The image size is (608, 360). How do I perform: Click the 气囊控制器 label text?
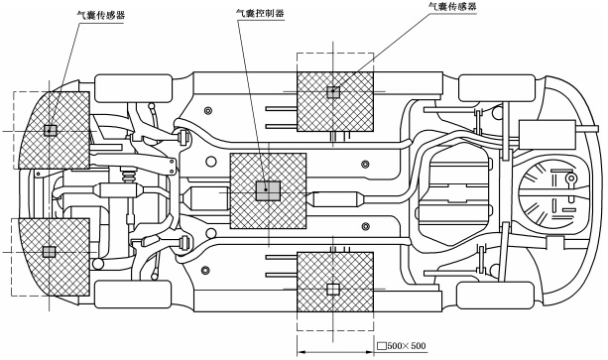coord(260,13)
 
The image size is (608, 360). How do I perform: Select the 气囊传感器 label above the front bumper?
coord(101,15)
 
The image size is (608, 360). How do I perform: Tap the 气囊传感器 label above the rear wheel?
coord(452,6)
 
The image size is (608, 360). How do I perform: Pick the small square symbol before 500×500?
coord(382,346)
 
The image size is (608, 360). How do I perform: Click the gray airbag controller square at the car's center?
coord(268,190)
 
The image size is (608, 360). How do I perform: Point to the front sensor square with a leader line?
coord(50,130)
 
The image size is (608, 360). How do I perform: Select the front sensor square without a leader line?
coord(50,252)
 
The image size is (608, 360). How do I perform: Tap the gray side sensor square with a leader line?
coord(333,92)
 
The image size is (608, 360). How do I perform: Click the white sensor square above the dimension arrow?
coord(333,289)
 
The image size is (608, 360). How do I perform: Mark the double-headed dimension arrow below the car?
coord(335,352)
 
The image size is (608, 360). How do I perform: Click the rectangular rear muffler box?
coord(547,135)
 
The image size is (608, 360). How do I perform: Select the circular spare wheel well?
coord(551,193)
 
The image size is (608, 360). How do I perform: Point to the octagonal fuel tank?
coord(458,193)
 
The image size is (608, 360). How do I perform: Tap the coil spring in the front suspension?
coord(129,177)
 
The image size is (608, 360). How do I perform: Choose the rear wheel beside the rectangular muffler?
coord(497,88)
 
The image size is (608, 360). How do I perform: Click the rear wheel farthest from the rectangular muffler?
coord(496,296)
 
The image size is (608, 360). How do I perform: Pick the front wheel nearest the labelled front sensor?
coord(133,88)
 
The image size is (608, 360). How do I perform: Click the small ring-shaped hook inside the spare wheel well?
coord(570,180)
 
